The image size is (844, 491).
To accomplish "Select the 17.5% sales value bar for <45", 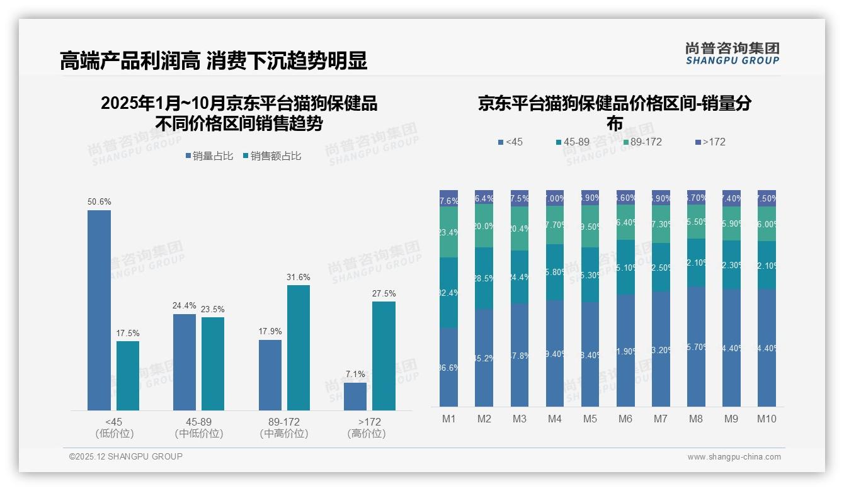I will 128,376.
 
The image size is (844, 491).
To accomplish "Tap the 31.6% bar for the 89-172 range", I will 299,347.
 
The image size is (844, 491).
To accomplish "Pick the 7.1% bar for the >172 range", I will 355,397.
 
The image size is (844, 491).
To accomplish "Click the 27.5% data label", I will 384,293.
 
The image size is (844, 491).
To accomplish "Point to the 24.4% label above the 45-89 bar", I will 184,306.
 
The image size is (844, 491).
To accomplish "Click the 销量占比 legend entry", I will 209,156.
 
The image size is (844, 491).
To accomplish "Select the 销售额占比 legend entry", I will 272,156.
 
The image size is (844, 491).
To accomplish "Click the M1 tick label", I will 448,419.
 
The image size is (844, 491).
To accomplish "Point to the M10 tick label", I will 767,419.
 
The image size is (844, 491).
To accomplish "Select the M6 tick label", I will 625,419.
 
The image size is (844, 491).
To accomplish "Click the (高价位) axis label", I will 366,434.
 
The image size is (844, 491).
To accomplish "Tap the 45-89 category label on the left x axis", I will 198,422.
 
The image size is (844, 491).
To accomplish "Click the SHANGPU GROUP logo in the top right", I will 732,54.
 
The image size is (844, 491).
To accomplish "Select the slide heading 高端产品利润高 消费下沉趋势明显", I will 213,61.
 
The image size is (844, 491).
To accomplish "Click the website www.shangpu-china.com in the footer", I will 734,457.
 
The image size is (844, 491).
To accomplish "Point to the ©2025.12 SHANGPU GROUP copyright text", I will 126,456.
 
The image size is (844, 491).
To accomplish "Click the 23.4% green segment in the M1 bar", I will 448,232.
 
